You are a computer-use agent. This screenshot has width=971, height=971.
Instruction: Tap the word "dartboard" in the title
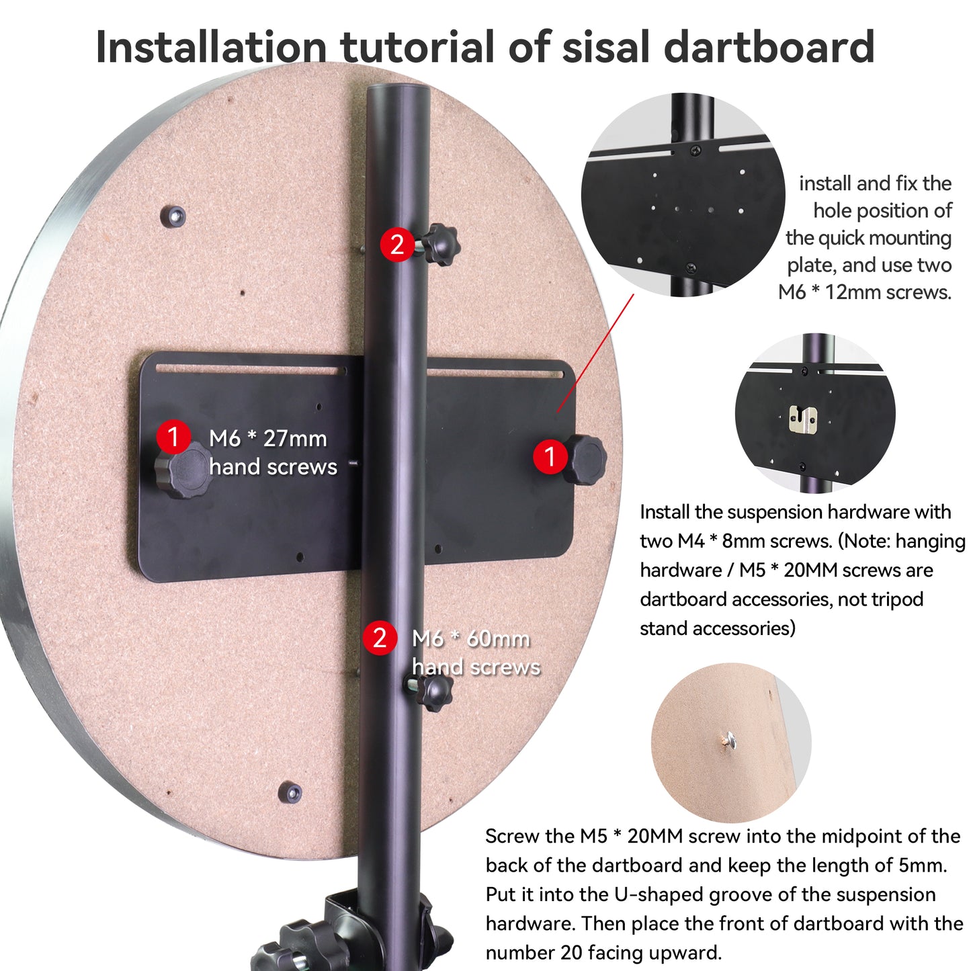click(769, 46)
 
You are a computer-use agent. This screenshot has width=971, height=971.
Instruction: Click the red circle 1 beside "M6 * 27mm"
click(173, 436)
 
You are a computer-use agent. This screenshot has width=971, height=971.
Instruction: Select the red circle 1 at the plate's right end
click(550, 456)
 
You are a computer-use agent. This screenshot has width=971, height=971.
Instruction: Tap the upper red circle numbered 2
click(397, 245)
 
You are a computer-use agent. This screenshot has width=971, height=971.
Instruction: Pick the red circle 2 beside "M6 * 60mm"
click(380, 638)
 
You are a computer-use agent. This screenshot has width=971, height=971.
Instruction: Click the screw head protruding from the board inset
click(727, 740)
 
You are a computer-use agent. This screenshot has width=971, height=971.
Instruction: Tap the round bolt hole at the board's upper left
click(173, 216)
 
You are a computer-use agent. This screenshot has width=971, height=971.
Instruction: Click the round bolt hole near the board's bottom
click(291, 792)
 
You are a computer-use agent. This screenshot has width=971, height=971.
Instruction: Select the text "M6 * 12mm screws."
click(865, 292)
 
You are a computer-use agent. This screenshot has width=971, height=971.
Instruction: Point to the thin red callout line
click(595, 353)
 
